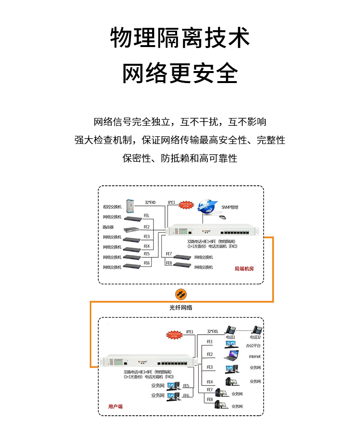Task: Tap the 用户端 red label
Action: click(115, 406)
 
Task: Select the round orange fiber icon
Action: click(180, 294)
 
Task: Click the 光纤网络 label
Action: click(180, 307)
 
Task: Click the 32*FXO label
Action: click(151, 203)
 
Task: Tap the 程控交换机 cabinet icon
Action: click(129, 206)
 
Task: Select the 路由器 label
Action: click(108, 227)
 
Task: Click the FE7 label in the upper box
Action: click(169, 253)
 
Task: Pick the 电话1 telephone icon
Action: click(231, 330)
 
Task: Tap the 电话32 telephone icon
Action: click(257, 330)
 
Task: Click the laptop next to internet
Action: click(231, 356)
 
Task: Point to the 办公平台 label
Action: click(255, 346)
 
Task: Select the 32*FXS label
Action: click(212, 331)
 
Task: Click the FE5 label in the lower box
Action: click(186, 385)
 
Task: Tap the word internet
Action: click(255, 357)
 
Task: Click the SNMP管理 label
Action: click(230, 207)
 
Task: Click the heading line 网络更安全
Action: click(180, 73)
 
